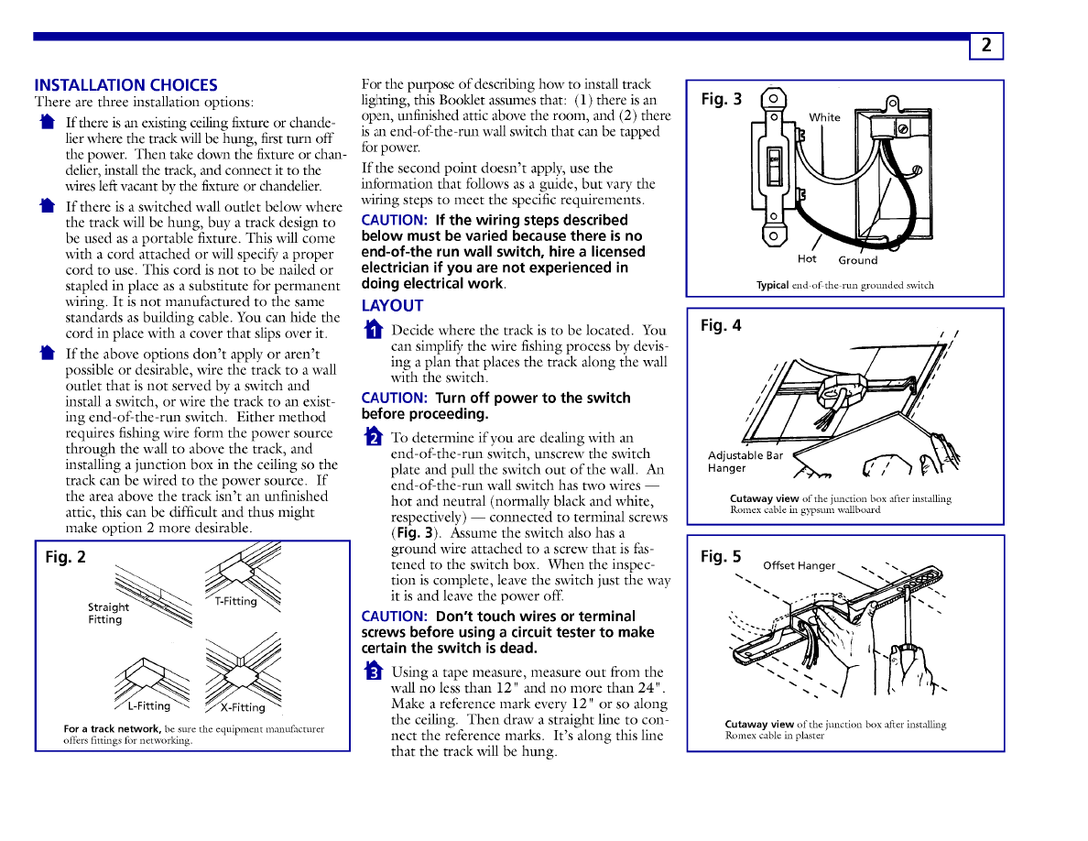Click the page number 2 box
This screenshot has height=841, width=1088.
coord(986,46)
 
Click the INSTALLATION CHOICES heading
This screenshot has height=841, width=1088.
coord(125,85)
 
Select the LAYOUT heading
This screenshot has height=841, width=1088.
coord(392,305)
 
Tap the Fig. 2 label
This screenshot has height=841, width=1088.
coord(66,557)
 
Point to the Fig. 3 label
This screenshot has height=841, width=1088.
coord(722,99)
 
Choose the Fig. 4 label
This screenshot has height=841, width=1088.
coord(721,325)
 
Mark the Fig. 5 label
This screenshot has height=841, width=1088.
coord(721,556)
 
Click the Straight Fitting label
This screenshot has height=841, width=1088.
coord(108,613)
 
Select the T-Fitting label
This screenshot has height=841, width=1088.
coord(235,602)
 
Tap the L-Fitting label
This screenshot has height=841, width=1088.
coord(148,705)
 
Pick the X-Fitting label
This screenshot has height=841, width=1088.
coord(243,706)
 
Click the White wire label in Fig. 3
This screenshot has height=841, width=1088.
coord(824,117)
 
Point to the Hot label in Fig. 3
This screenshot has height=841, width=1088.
coord(807,259)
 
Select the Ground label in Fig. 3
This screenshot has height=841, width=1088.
coord(857,260)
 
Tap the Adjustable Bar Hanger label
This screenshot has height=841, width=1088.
coord(745,462)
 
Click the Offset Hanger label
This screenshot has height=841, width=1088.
coord(799,565)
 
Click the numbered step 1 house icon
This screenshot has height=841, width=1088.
coord(371,330)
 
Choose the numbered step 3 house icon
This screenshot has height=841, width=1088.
coord(371,672)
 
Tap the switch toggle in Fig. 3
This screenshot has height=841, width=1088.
coord(774,170)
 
